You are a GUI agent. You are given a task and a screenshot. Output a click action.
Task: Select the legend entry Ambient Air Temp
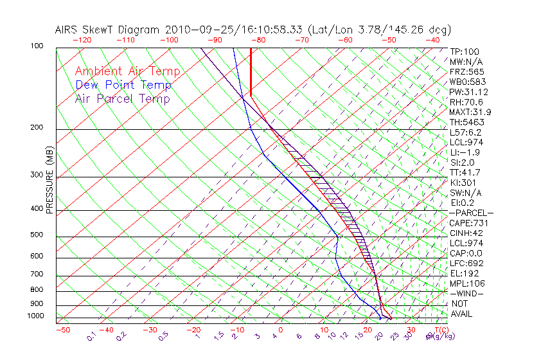coord(127,71)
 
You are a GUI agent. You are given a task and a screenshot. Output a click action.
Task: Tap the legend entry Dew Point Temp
coord(123,85)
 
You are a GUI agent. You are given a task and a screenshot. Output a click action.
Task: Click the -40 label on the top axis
coord(432,40)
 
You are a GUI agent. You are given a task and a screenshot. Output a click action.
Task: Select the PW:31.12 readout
coord(468,92)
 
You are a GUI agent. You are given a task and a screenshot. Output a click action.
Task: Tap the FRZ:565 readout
coord(467,71)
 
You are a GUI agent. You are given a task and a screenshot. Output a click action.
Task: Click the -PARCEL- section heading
coord(471,213)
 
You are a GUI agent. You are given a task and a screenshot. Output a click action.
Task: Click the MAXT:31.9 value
coord(470,112)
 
